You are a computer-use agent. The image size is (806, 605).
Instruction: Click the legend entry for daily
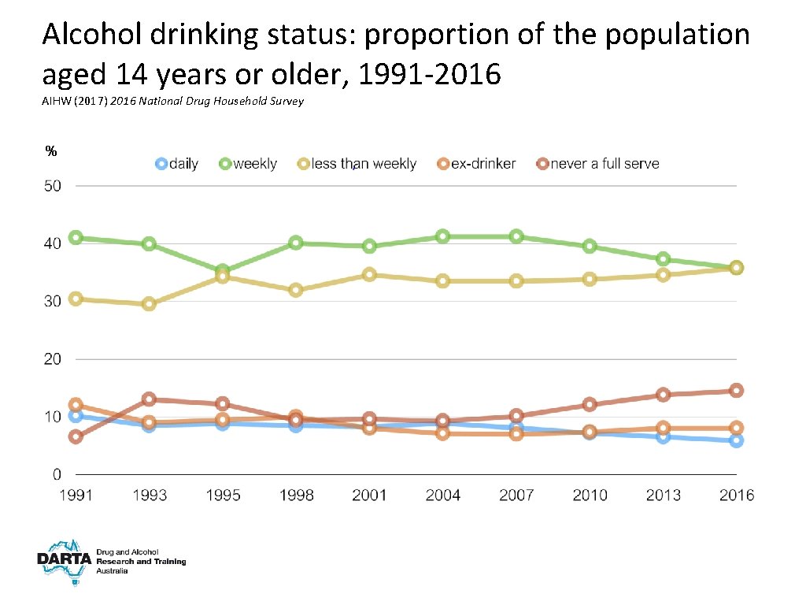177,164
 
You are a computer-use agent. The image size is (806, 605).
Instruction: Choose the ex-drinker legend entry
477,164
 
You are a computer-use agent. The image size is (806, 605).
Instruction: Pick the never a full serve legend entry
598,164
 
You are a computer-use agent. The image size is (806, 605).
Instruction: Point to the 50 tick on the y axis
52,186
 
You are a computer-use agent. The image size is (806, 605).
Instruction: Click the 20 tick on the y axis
52,359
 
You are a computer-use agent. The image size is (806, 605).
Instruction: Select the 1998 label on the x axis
296,495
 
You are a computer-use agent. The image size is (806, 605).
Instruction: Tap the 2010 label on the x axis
590,495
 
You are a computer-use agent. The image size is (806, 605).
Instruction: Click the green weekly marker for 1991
76,237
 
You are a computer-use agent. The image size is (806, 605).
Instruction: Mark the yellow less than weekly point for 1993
149,303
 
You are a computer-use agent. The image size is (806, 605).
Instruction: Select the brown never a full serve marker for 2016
736,390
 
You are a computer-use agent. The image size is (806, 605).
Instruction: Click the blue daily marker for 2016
736,440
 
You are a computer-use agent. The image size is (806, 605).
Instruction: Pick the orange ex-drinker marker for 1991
76,405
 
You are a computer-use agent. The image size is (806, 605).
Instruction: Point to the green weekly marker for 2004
442,236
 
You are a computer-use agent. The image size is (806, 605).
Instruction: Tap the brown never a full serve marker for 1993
149,399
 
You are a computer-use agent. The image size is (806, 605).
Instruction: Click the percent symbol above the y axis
50,150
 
